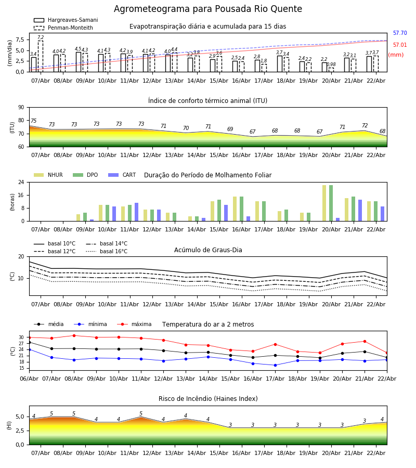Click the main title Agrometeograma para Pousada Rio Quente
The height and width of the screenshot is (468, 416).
[x=208, y=9]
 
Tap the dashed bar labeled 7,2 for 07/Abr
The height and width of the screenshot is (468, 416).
[x=41, y=56]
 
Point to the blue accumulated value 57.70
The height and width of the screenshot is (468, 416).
[x=400, y=33]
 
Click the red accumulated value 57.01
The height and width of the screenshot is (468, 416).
[x=400, y=45]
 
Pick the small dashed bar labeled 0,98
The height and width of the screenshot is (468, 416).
[x=331, y=70]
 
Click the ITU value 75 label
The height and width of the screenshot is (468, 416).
[x=33, y=121]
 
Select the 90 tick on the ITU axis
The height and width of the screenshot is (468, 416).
[x=21, y=107]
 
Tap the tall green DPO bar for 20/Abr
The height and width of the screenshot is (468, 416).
[x=331, y=203]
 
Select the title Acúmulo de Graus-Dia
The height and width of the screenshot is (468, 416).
[x=208, y=250]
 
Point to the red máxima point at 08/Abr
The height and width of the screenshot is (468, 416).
[x=74, y=335]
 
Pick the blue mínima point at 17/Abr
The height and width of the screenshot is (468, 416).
[x=275, y=365]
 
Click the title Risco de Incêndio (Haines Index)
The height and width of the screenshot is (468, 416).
[x=208, y=399]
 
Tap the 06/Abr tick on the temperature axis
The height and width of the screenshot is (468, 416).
[x=29, y=378]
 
